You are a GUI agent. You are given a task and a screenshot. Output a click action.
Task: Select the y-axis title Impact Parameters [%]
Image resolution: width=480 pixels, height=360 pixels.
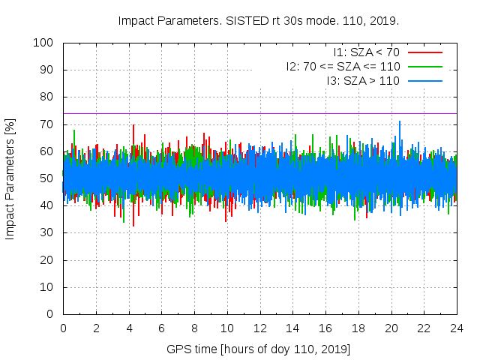click(10, 179)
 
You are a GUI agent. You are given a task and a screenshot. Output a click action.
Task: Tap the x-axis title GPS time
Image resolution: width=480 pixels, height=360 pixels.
click(192, 349)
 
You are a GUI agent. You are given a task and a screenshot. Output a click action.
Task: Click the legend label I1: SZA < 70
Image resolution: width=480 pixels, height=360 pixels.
click(367, 52)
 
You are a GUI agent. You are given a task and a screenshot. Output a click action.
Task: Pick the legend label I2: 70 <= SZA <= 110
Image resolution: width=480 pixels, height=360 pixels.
click(343, 67)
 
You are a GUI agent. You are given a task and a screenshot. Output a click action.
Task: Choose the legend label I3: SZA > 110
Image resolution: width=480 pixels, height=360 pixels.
click(363, 81)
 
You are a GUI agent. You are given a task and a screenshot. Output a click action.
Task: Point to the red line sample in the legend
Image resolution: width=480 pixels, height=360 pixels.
click(425, 52)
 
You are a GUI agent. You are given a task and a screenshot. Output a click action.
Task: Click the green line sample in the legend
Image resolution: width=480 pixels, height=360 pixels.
click(425, 67)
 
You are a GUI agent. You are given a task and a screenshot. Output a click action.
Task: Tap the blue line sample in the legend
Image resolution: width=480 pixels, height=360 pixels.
click(425, 81)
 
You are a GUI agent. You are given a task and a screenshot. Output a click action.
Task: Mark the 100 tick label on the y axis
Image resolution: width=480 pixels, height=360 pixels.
click(43, 43)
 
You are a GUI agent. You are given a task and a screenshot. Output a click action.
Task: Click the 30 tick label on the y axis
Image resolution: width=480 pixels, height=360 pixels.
click(46, 232)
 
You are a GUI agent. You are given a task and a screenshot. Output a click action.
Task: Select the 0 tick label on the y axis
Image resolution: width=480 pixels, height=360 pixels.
click(50, 314)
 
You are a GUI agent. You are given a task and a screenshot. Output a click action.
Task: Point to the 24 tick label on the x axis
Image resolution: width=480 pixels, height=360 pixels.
click(457, 328)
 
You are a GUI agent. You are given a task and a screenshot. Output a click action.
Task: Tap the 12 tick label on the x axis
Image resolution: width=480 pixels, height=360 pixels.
click(260, 328)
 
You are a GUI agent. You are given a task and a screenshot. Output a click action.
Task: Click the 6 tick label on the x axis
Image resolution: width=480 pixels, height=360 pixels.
click(162, 328)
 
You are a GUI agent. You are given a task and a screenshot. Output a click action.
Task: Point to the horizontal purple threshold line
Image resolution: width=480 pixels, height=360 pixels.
click(260, 113)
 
